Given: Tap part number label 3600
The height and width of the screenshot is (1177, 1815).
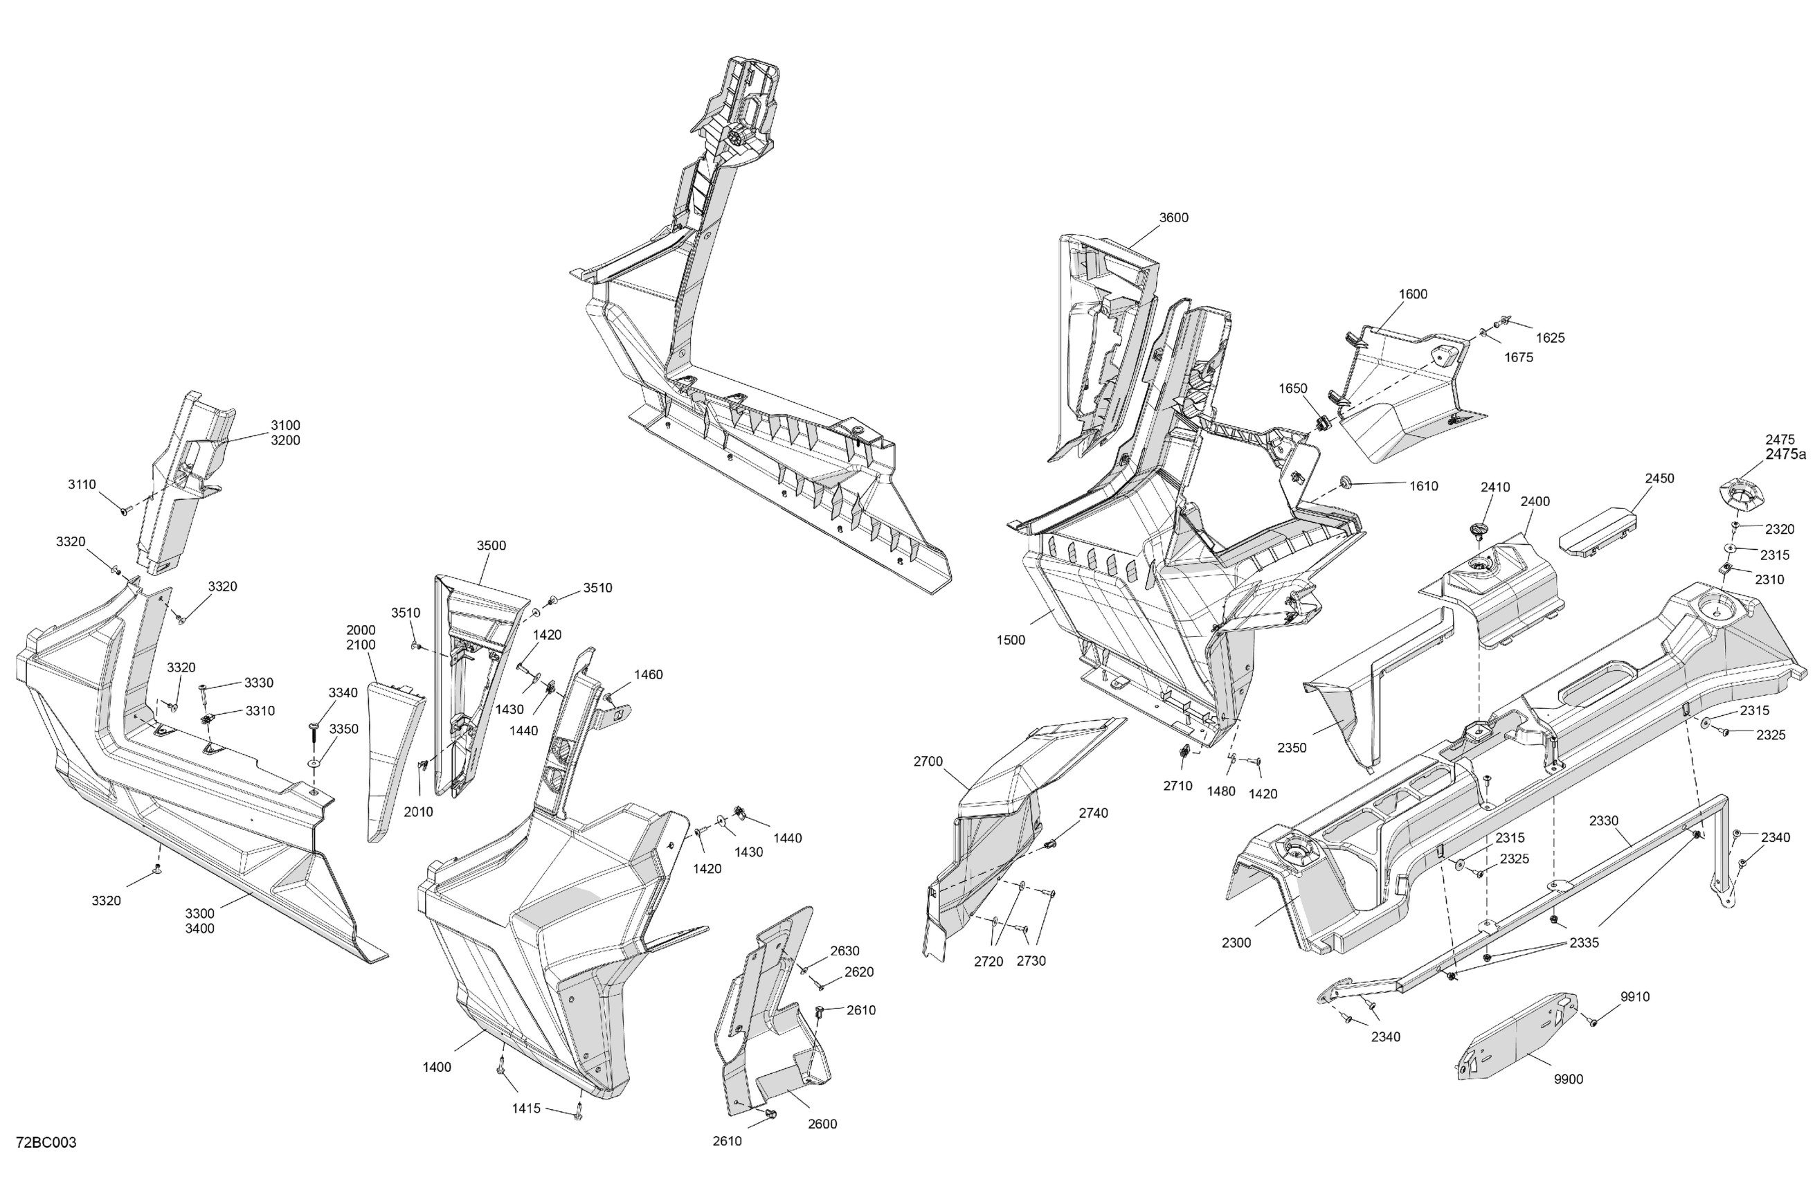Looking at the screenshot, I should tap(1173, 217).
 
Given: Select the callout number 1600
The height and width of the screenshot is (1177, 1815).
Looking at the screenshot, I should tap(1412, 294).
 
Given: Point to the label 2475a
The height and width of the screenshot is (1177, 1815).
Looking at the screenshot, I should tap(1786, 455).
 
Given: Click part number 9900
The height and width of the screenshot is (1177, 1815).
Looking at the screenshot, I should tap(1568, 1079).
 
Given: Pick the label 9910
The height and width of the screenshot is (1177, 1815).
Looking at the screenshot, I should tap(1635, 996).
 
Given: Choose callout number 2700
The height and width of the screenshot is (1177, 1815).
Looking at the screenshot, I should tap(928, 762).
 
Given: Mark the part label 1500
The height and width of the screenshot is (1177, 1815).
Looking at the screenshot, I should tap(1011, 640).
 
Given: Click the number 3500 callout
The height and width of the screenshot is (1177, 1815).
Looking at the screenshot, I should tap(491, 546).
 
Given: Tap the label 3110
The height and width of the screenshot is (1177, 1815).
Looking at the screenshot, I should tap(82, 485).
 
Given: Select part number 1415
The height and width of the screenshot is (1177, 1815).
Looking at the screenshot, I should tap(526, 1108).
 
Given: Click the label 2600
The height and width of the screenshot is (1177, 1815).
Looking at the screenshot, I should tap(822, 1124).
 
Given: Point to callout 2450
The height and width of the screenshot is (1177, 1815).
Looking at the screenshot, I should tap(1659, 478).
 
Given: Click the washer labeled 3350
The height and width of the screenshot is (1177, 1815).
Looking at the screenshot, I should tap(314, 763).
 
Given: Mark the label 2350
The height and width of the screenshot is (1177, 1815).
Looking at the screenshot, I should tap(1292, 748).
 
